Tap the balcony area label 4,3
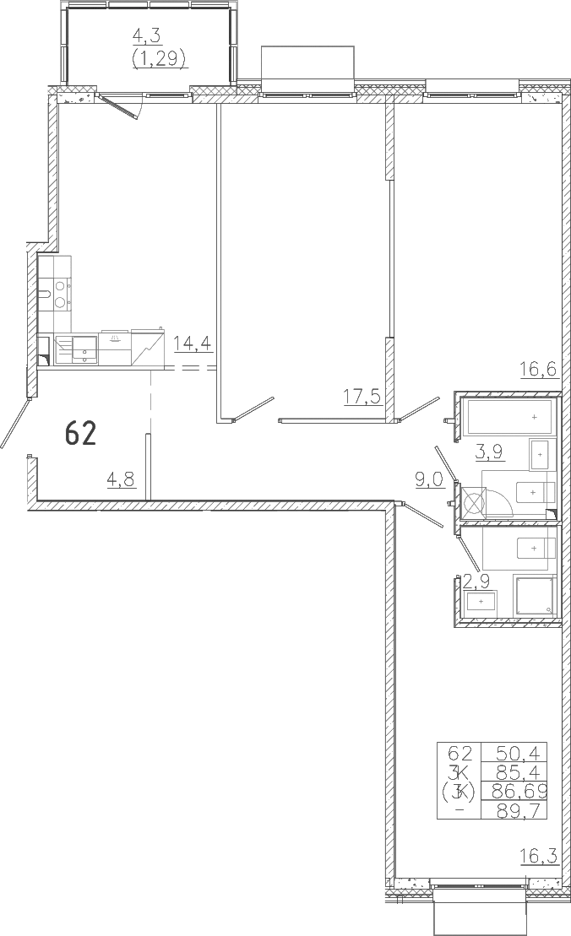click(x=147, y=35)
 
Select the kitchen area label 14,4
click(x=193, y=344)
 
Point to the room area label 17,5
click(x=362, y=396)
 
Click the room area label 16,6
click(x=539, y=369)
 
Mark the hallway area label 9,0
click(x=431, y=479)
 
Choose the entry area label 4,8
click(x=122, y=479)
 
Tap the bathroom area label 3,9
click(x=489, y=452)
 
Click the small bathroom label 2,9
click(x=476, y=579)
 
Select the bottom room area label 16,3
click(x=539, y=858)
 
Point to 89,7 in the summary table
click(x=514, y=810)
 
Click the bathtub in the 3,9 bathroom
click(x=510, y=417)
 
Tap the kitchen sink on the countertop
click(x=84, y=349)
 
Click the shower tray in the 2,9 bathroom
click(x=534, y=594)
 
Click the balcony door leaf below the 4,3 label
click(x=119, y=106)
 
